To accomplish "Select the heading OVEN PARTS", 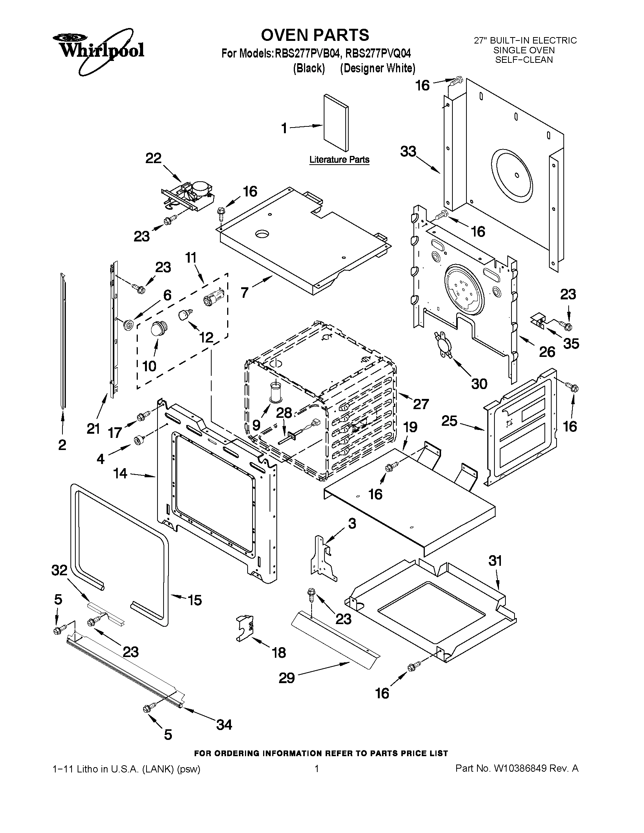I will (x=315, y=35).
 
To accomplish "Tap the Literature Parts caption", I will (x=339, y=159).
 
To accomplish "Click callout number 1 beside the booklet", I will (x=284, y=129).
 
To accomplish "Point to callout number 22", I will (x=153, y=158).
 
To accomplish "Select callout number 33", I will (x=408, y=151).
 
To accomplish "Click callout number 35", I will (x=571, y=344).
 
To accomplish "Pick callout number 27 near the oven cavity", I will (x=421, y=404).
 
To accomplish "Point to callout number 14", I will (x=120, y=473).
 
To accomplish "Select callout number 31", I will (x=495, y=561).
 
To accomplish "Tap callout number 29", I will (x=287, y=678).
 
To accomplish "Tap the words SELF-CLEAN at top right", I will (x=524, y=60).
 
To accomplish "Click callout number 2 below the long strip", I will (x=62, y=445).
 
